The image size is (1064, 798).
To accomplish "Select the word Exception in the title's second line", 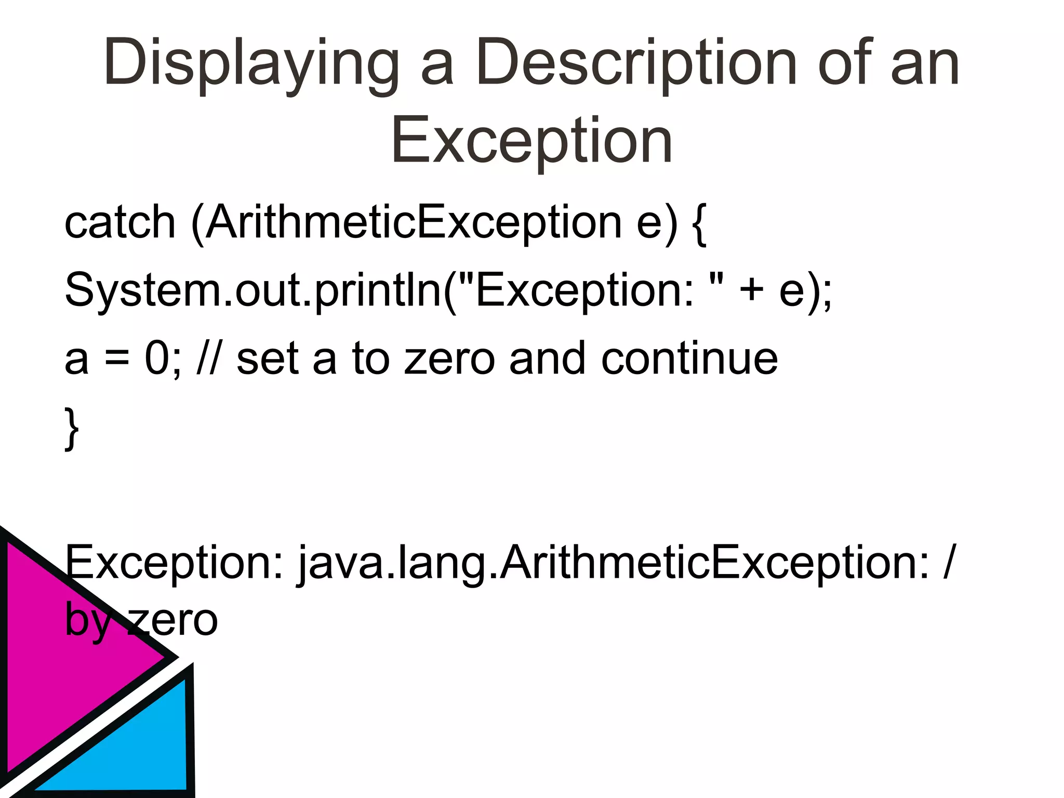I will click(531, 140).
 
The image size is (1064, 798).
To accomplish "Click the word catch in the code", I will click(120, 222).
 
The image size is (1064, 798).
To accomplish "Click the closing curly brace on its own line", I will click(72, 429).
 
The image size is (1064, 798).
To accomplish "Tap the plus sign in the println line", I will click(751, 290).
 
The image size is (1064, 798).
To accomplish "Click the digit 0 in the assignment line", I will click(156, 358).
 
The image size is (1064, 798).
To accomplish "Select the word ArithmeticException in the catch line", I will click(414, 222).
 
